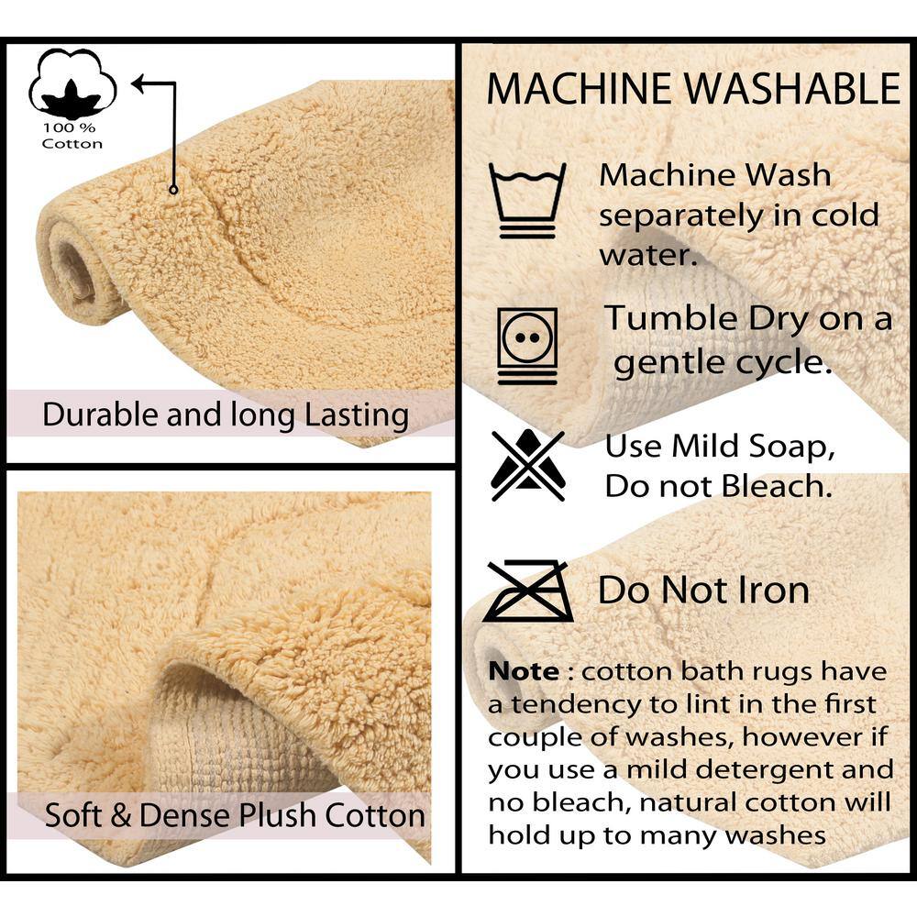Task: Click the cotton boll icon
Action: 72,83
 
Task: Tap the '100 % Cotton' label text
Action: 72,136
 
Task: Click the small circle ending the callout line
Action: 173,190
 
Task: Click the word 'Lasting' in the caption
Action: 357,415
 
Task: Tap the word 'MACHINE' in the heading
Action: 579,89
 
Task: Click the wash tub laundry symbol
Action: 527,200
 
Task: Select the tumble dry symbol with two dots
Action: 527,347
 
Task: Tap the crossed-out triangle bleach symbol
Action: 528,465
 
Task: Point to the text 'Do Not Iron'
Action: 703,590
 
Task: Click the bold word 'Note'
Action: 524,671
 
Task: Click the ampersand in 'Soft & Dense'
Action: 120,816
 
